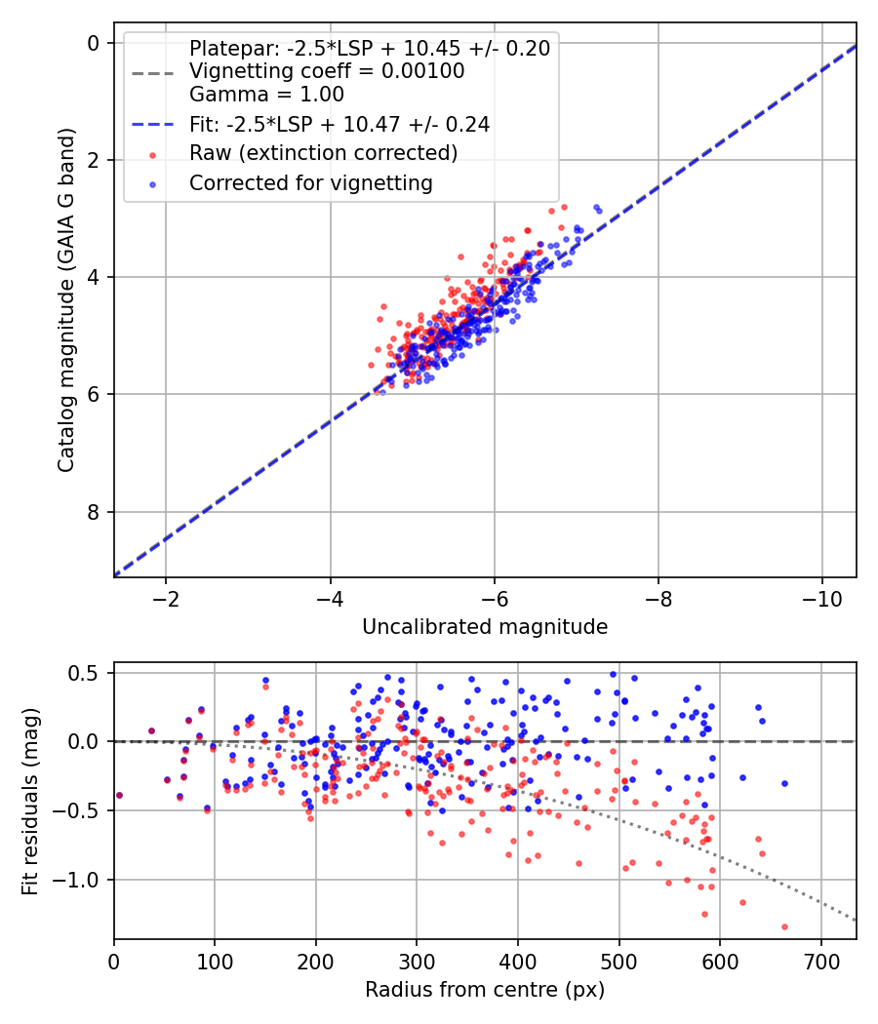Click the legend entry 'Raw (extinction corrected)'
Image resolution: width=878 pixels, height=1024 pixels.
(x=323, y=153)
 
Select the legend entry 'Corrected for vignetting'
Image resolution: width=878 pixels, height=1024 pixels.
(x=310, y=182)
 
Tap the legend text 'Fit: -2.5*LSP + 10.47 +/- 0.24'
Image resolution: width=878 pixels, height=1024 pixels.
(x=339, y=124)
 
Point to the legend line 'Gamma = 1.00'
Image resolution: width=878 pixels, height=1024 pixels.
(x=266, y=95)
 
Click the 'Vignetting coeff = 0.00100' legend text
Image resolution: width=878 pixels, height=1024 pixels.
(x=327, y=71)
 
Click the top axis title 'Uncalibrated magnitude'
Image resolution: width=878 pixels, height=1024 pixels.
(x=485, y=627)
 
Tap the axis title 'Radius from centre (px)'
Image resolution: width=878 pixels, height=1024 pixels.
(x=485, y=990)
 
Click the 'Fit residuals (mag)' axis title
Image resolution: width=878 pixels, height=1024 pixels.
(x=30, y=802)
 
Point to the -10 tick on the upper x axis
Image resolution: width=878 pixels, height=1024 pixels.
(x=821, y=596)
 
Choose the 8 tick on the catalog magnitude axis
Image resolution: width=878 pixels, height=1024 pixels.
(x=94, y=512)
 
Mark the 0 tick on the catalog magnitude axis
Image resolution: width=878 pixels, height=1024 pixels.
(x=94, y=43)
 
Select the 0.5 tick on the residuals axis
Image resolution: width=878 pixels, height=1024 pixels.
(x=86, y=673)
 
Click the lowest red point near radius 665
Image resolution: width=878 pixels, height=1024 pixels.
(x=784, y=926)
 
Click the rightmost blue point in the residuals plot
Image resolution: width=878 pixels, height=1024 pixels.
(x=784, y=783)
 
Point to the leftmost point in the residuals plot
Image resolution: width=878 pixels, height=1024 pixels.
(x=119, y=795)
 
